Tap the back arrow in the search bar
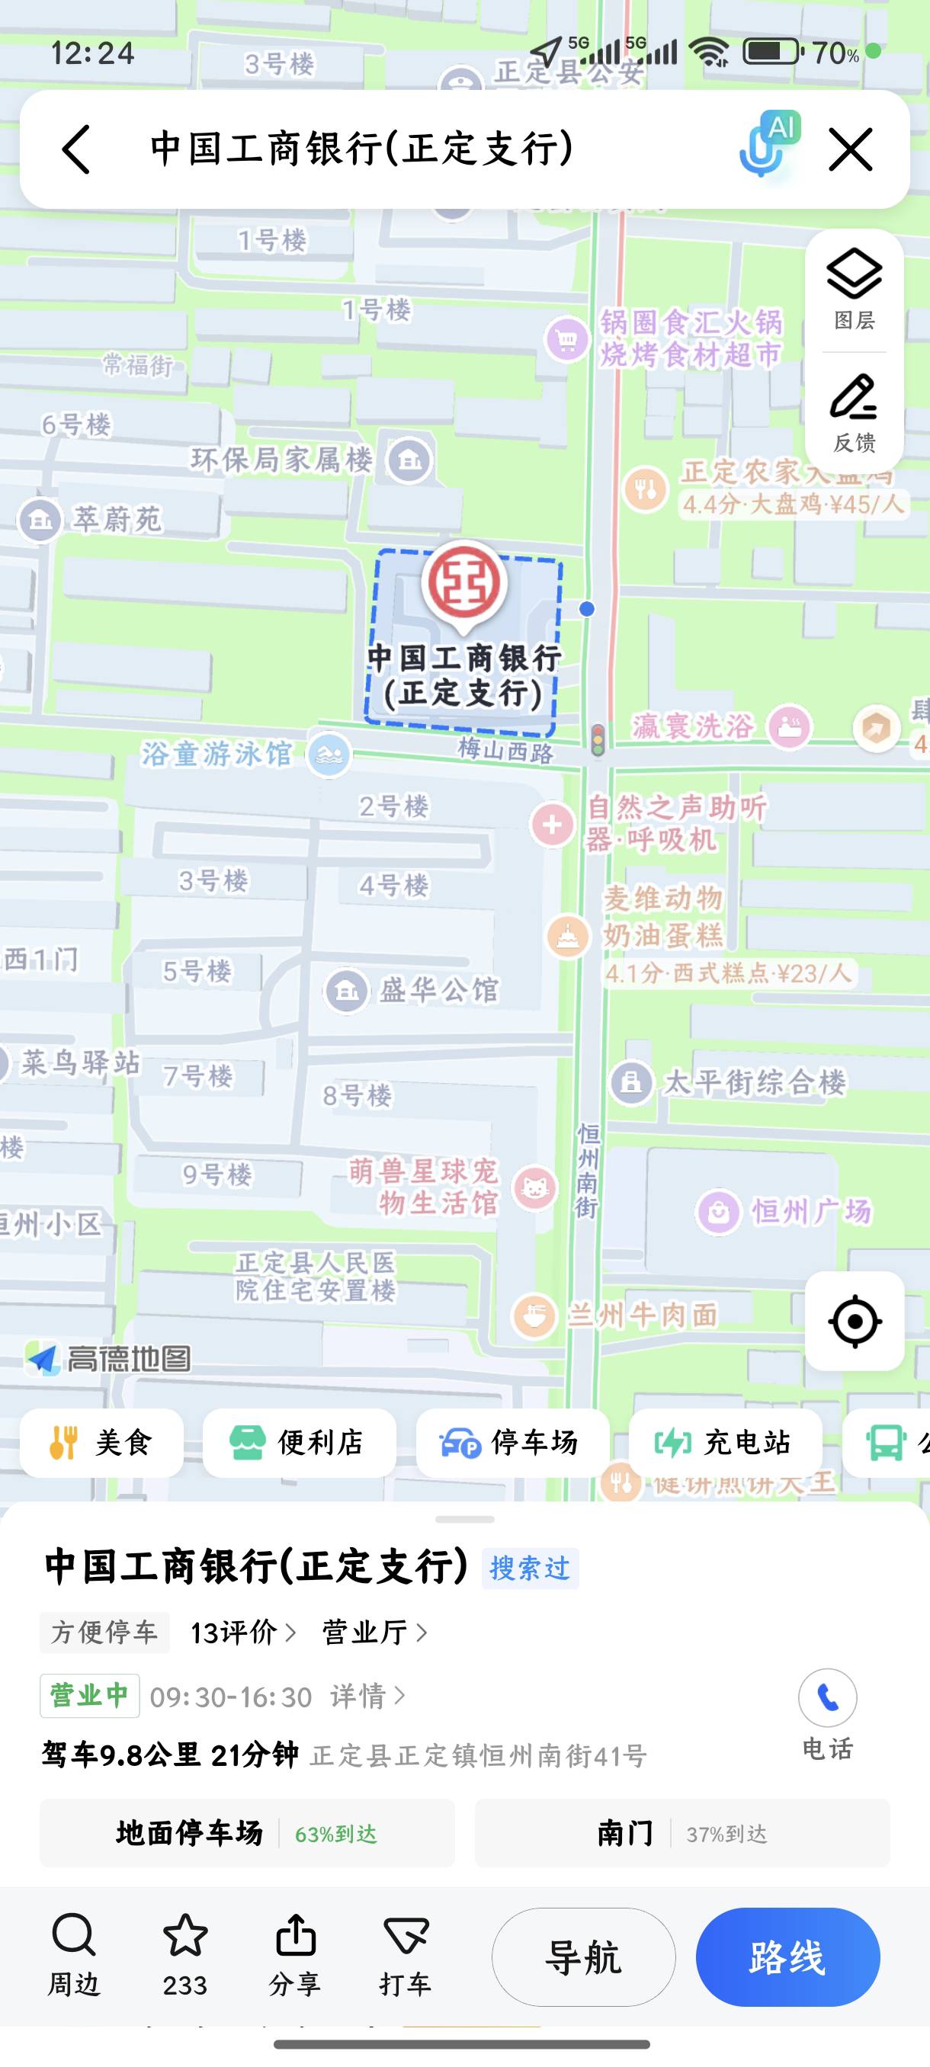(x=76, y=149)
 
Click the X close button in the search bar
(x=850, y=149)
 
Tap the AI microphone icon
(x=767, y=145)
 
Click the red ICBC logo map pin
(x=463, y=583)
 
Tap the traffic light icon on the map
(x=598, y=739)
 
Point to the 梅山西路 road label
(x=505, y=751)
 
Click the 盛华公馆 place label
(x=438, y=990)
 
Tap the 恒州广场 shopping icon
(x=718, y=1211)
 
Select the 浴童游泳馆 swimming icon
(x=329, y=755)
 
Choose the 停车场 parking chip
(x=511, y=1443)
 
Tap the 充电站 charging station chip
(x=725, y=1443)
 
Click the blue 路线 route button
(x=787, y=1957)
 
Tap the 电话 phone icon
(x=827, y=1698)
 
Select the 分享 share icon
(x=295, y=1936)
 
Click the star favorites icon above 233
(x=185, y=1934)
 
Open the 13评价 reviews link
(x=242, y=1632)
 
